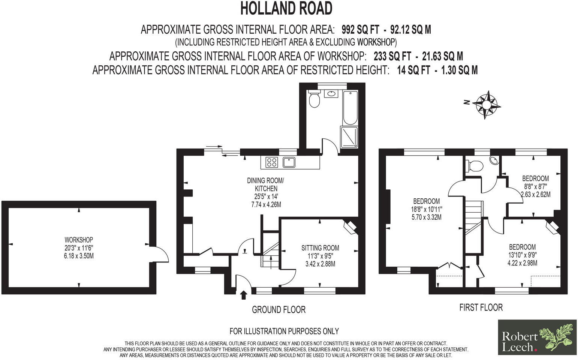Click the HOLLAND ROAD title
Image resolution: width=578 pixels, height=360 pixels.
point(286,9)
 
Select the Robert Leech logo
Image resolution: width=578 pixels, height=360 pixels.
point(537,337)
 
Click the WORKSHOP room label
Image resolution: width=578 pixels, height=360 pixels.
point(79,240)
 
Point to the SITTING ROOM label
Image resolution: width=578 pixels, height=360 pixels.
point(320,248)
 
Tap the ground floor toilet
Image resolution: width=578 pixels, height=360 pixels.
point(314,99)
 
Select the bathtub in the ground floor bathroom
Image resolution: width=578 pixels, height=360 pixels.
point(350,107)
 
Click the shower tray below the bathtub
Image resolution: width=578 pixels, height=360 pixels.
point(349,136)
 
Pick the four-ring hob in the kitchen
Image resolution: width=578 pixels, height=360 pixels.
point(272,162)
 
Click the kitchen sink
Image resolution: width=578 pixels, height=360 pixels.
point(289,162)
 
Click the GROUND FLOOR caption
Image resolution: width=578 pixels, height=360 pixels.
point(279,310)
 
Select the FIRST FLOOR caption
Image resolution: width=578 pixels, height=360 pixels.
point(481,307)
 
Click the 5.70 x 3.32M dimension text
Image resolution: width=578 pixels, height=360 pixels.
point(426,217)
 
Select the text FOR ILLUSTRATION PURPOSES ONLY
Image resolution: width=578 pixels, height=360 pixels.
point(284,331)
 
